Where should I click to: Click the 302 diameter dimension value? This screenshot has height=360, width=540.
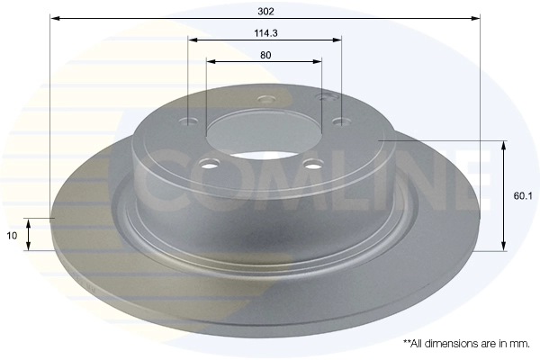tap(265, 12)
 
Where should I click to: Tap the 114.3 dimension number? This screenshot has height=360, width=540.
tap(265, 33)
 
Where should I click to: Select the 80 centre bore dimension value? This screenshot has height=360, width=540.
tap(265, 55)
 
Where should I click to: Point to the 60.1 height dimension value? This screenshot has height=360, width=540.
tap(523, 196)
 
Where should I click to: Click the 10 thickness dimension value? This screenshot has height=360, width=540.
tap(12, 236)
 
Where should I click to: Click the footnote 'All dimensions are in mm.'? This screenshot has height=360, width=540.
tap(470, 343)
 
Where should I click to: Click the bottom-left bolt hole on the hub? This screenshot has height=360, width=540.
tap(211, 164)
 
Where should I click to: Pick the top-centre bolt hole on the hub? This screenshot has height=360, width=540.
tap(267, 100)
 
